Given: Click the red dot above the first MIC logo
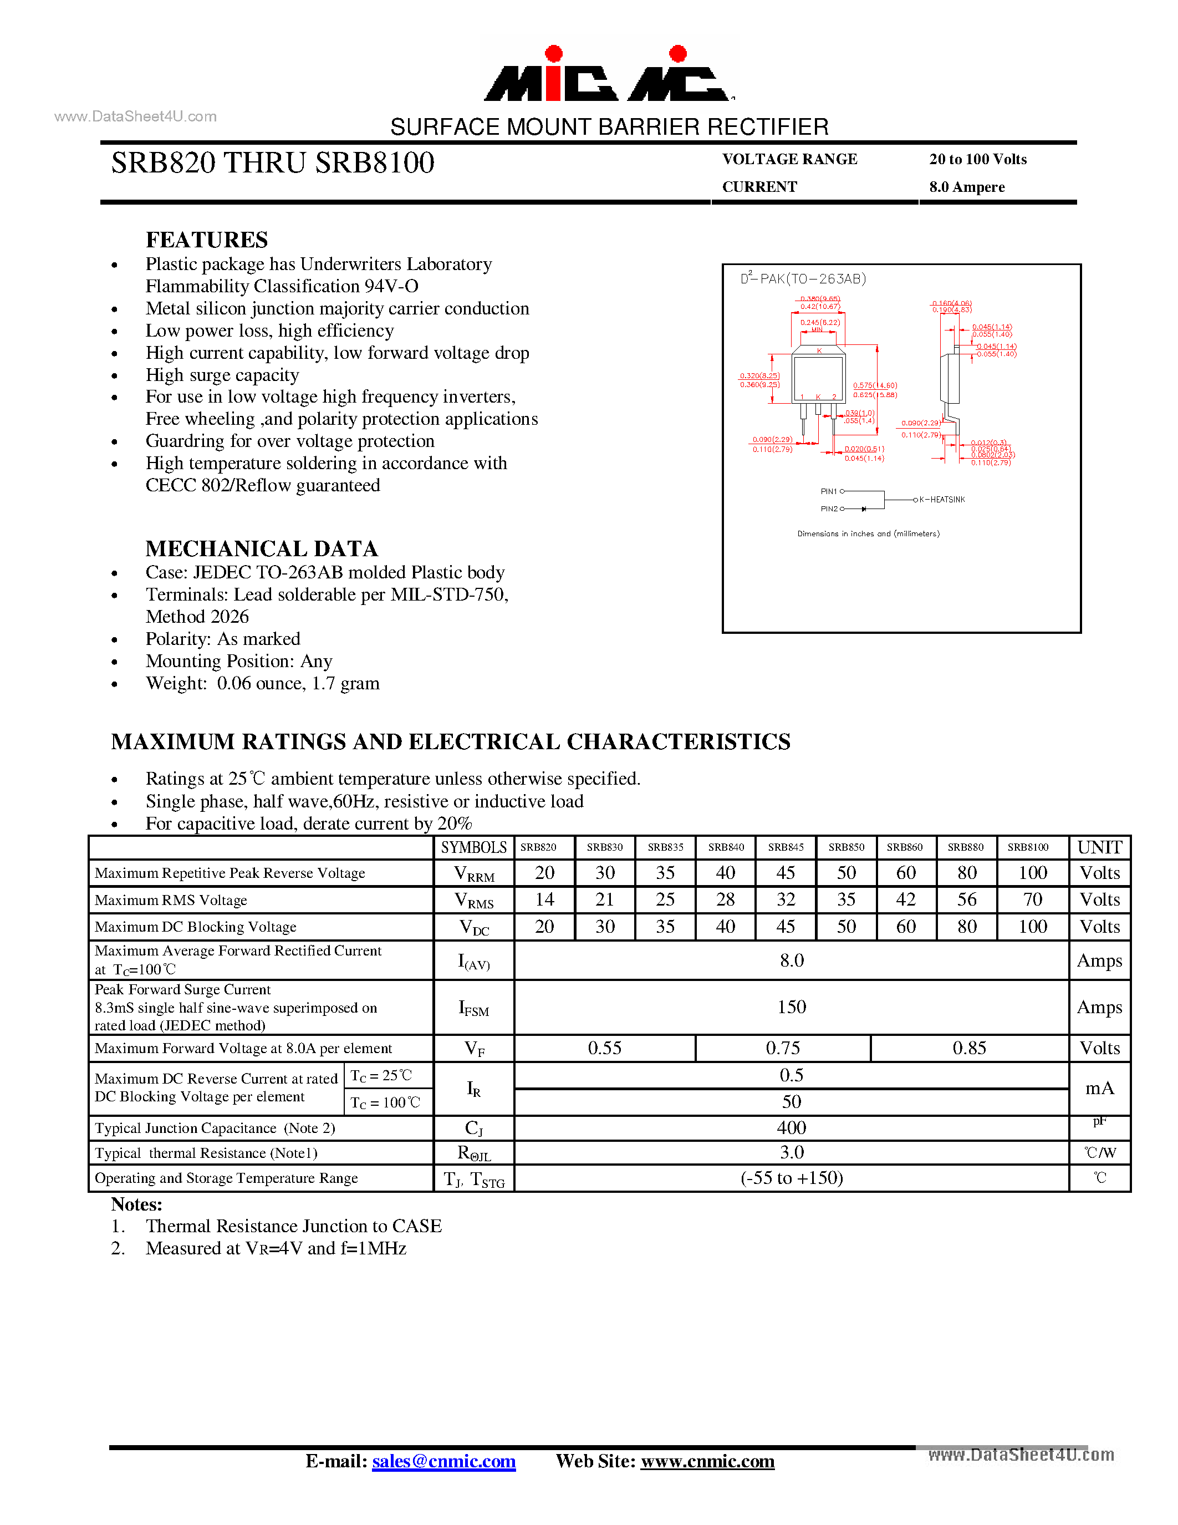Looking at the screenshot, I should (553, 54).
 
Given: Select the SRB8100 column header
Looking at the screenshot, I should (1027, 847).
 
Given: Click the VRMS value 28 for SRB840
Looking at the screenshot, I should (725, 899).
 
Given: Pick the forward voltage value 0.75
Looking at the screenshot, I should (782, 1048).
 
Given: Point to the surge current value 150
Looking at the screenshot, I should (792, 1007).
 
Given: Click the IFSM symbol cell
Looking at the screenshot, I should (473, 1008).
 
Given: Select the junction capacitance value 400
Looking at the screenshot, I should (792, 1128).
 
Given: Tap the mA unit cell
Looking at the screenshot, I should (1099, 1088).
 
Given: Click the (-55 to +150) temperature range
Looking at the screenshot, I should (792, 1178).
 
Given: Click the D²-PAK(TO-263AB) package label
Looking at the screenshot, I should (803, 278).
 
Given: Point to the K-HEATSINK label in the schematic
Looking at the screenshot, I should (941, 499).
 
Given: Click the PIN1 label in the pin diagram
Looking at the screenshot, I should (828, 491).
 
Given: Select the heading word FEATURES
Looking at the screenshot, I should (207, 240).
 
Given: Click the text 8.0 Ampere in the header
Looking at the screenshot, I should (967, 187).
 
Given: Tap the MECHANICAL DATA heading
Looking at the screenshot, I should (262, 549).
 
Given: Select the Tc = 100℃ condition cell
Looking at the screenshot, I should (385, 1102).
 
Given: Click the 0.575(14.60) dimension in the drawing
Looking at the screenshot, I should (874, 385).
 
